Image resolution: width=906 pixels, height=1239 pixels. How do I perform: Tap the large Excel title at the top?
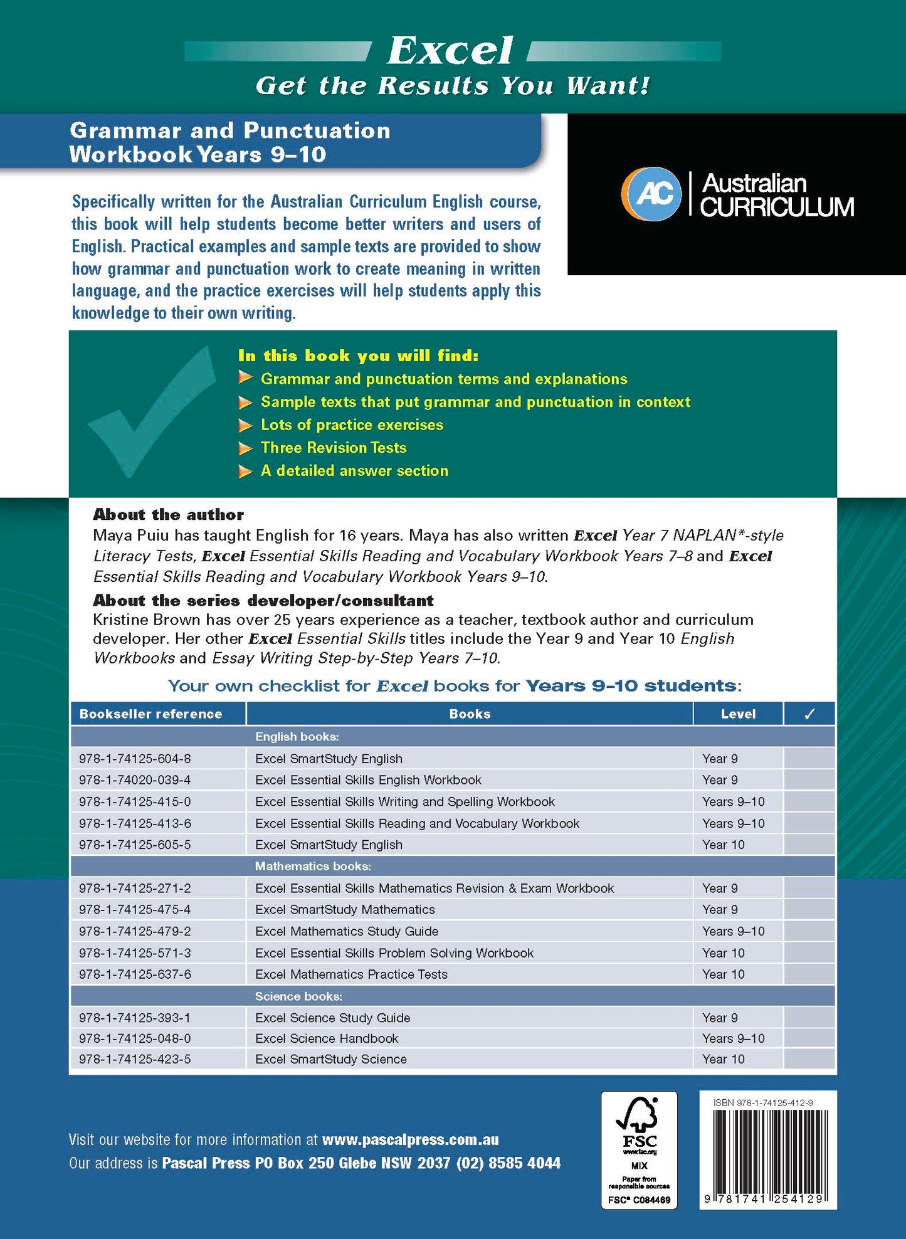450,50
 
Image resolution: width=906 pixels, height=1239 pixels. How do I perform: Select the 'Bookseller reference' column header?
150,714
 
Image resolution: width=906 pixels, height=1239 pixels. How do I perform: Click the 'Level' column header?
738,714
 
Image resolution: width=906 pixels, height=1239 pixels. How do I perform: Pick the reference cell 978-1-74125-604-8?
135,759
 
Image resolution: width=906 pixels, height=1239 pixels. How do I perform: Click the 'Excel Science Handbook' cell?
327,1038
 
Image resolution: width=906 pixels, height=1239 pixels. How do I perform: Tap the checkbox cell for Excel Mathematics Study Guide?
809,931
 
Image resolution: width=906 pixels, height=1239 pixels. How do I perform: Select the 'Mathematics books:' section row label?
313,866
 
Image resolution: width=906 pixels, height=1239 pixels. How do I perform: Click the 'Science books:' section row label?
298,996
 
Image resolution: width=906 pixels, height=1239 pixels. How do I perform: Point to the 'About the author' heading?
168,515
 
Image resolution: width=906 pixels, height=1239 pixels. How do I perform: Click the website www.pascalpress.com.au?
411,1140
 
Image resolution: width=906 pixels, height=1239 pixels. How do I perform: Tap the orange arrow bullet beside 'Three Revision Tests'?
245,448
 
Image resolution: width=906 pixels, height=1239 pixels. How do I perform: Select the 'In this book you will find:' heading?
358,356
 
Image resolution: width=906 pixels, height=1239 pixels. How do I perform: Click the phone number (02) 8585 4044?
508,1163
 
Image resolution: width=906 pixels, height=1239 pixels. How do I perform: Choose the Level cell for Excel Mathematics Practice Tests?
724,974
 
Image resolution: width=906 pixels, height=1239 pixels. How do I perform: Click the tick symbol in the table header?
809,714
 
